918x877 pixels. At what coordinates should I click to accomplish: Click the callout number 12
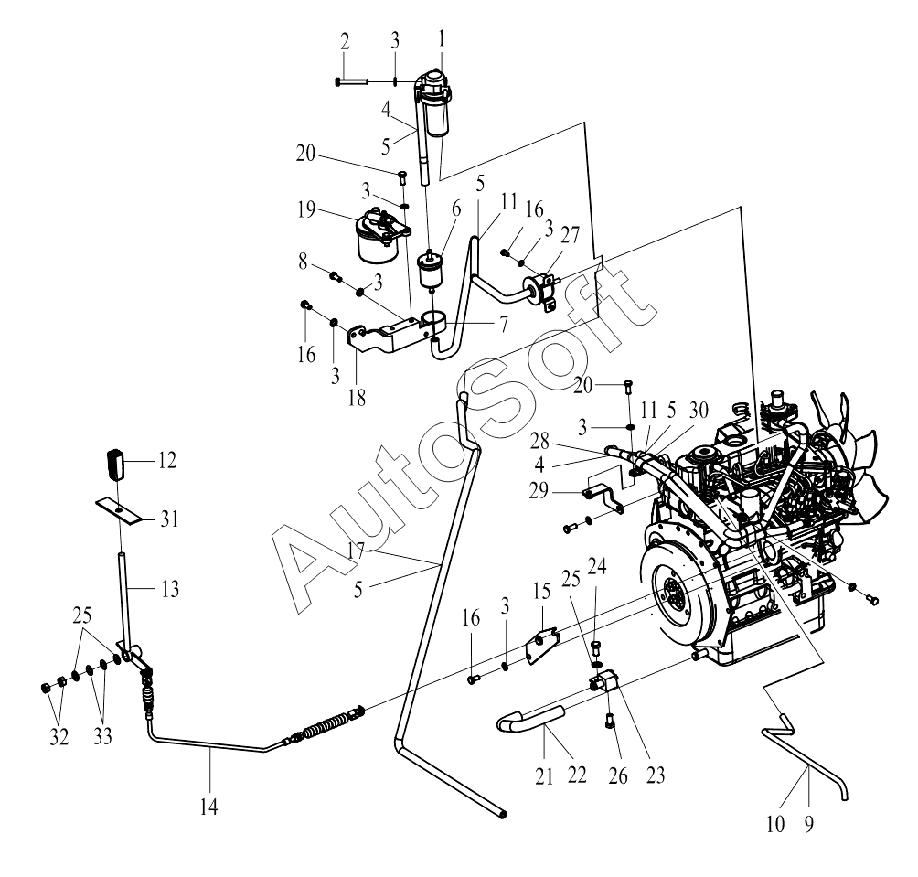click(x=166, y=461)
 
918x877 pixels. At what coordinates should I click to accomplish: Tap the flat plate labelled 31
click(x=120, y=510)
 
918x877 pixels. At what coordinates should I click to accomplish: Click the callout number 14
click(x=209, y=807)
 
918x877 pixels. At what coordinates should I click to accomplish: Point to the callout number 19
click(x=306, y=209)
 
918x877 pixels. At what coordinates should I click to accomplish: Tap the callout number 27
click(x=570, y=235)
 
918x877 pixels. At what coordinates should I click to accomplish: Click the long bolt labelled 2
click(x=351, y=82)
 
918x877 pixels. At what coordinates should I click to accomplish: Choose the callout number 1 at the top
click(x=442, y=40)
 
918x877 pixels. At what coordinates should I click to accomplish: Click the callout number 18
click(x=357, y=398)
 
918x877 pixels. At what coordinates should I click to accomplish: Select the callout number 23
click(x=656, y=775)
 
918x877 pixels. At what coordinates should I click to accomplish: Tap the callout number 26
click(x=618, y=776)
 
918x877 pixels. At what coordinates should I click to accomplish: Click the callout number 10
click(x=775, y=824)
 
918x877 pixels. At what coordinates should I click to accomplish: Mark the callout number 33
click(x=102, y=736)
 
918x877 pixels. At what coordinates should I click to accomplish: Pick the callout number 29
click(x=539, y=490)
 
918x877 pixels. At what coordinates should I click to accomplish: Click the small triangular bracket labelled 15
click(x=541, y=647)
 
